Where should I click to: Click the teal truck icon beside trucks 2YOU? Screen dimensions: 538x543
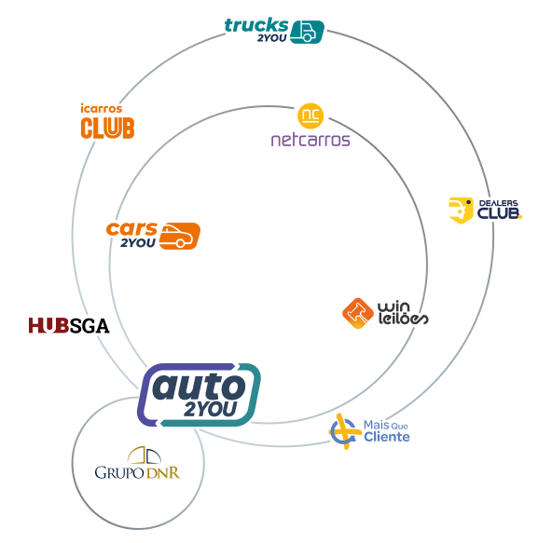[x=307, y=32]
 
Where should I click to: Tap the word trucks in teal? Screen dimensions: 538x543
[x=256, y=25]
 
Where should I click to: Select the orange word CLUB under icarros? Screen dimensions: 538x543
[x=107, y=128]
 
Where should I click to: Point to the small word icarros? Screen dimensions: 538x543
[x=102, y=108]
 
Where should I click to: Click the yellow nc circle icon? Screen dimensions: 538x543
[x=310, y=115]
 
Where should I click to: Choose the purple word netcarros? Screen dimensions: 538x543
[x=310, y=141]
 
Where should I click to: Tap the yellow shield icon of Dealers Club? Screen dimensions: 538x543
[x=461, y=210]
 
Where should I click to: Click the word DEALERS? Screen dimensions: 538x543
[x=499, y=203]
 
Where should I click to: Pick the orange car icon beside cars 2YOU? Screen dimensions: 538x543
[x=180, y=236]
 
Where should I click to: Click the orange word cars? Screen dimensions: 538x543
[x=131, y=229]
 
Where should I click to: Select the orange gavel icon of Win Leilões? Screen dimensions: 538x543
[x=358, y=313]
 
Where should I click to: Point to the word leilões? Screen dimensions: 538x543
[x=403, y=319]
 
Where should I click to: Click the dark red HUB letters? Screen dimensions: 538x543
[x=48, y=326]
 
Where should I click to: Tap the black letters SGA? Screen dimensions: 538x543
[x=90, y=326]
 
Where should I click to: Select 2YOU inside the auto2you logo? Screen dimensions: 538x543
[x=210, y=409]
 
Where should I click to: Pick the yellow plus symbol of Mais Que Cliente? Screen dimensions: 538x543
[x=345, y=431]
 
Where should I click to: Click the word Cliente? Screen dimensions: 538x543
[x=387, y=437]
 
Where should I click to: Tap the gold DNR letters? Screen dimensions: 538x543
[x=163, y=473]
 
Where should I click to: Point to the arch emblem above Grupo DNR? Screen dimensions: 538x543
[x=145, y=455]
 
